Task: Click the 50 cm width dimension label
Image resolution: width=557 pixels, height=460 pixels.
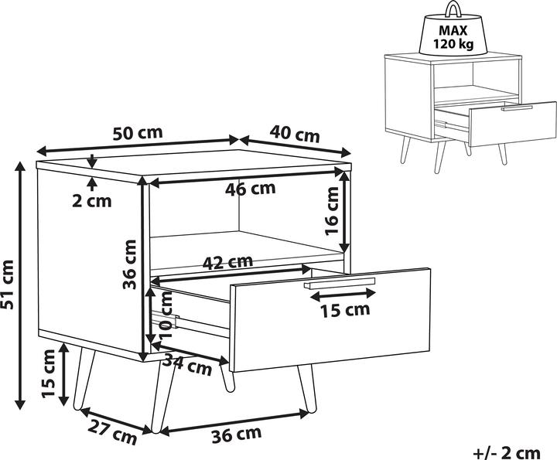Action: click(138, 133)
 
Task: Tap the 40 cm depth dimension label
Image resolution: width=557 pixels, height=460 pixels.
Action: click(295, 135)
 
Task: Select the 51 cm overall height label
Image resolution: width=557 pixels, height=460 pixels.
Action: click(8, 285)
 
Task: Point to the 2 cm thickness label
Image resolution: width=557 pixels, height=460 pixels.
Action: click(91, 201)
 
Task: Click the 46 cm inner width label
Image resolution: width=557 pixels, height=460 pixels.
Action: click(250, 189)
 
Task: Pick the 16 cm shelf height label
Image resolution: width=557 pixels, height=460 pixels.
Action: click(332, 211)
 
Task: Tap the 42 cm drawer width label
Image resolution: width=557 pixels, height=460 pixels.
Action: click(227, 262)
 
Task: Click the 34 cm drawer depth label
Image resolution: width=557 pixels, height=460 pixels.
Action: click(187, 364)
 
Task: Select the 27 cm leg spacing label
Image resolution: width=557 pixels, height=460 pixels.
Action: click(112, 431)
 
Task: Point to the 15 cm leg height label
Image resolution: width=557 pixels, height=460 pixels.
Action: click(48, 373)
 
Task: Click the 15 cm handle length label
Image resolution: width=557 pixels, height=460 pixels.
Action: click(345, 310)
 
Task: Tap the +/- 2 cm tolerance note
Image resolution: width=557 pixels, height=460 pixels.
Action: click(507, 453)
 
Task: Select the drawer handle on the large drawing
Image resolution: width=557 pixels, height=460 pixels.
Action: click(340, 283)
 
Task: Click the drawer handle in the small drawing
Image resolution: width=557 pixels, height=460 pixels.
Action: click(517, 108)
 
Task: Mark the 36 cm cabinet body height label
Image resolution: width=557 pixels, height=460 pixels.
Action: click(129, 264)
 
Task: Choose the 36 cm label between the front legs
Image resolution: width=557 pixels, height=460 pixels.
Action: click(237, 434)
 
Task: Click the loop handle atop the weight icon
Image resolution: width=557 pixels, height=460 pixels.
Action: click(453, 9)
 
